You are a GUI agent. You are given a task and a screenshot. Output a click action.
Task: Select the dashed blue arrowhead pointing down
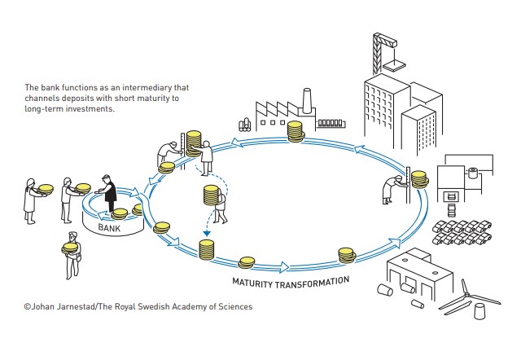208,233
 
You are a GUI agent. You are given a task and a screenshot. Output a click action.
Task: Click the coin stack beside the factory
295,130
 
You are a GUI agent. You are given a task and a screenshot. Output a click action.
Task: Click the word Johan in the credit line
46,307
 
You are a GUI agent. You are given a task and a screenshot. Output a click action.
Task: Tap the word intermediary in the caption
146,88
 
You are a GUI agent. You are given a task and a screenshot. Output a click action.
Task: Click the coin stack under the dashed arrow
208,248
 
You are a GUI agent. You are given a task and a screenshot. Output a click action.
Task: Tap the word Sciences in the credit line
231,307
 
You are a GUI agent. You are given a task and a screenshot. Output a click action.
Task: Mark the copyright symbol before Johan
27,307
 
